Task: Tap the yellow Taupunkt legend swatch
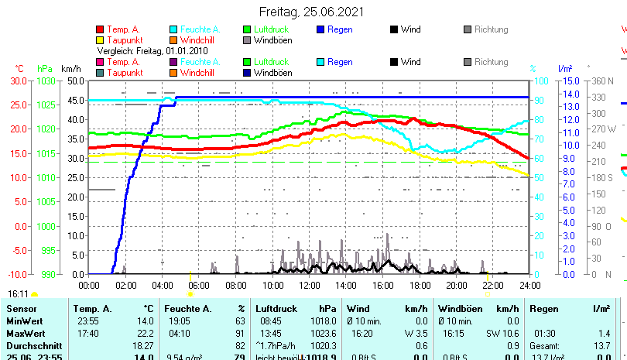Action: (x=101, y=39)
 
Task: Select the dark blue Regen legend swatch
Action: (x=321, y=29)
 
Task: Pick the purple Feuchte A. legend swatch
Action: (x=173, y=62)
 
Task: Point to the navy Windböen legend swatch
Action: (x=247, y=73)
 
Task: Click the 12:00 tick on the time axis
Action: (x=310, y=285)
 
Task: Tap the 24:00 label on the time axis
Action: (x=529, y=285)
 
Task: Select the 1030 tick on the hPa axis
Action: (x=45, y=81)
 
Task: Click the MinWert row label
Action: (x=23, y=321)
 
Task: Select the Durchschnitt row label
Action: (x=30, y=345)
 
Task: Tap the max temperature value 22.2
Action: (x=144, y=334)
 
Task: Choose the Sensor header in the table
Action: (x=21, y=309)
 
